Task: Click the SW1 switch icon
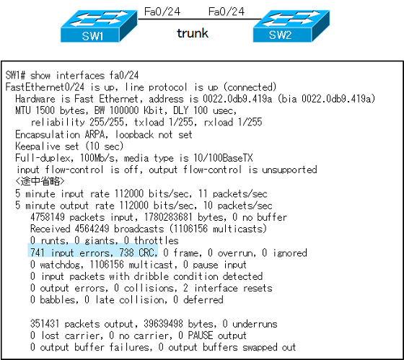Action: [99, 26]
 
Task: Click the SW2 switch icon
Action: [291, 26]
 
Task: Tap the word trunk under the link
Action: [193, 33]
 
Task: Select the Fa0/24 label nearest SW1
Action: [162, 12]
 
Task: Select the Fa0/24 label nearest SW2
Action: [227, 12]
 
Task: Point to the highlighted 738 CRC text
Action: [138, 253]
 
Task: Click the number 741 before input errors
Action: [38, 253]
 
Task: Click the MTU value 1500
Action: [45, 110]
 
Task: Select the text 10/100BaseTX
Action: [223, 158]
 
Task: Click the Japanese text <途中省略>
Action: [40, 181]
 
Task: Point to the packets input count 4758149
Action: [48, 217]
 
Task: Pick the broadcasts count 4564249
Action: [92, 229]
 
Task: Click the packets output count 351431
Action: [45, 324]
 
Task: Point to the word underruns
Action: [255, 324]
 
